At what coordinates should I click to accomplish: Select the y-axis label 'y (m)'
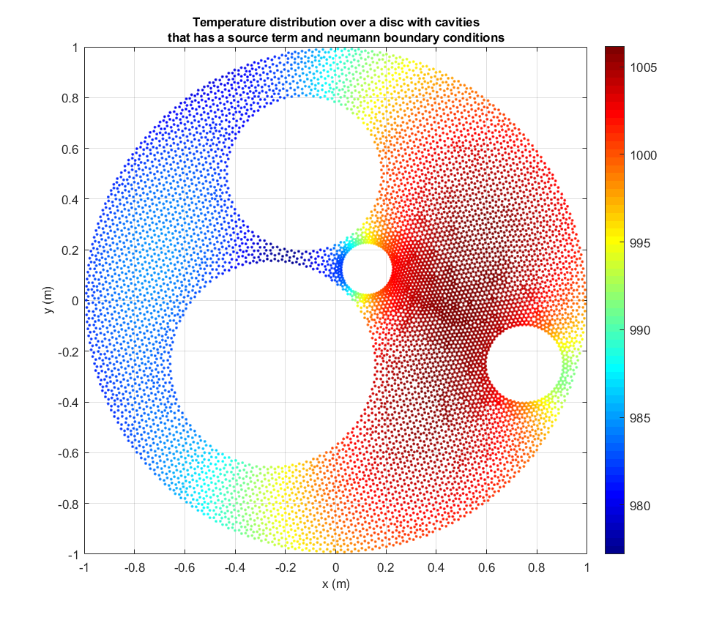[49, 300]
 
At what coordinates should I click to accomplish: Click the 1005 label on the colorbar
[645, 67]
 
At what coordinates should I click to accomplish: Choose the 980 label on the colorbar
[642, 506]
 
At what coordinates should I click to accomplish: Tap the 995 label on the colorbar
[642, 243]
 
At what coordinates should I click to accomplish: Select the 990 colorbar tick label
[642, 330]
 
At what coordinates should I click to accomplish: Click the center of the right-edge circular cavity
[524, 365]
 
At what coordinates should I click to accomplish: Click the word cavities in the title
[456, 23]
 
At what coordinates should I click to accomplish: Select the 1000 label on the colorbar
[645, 155]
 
